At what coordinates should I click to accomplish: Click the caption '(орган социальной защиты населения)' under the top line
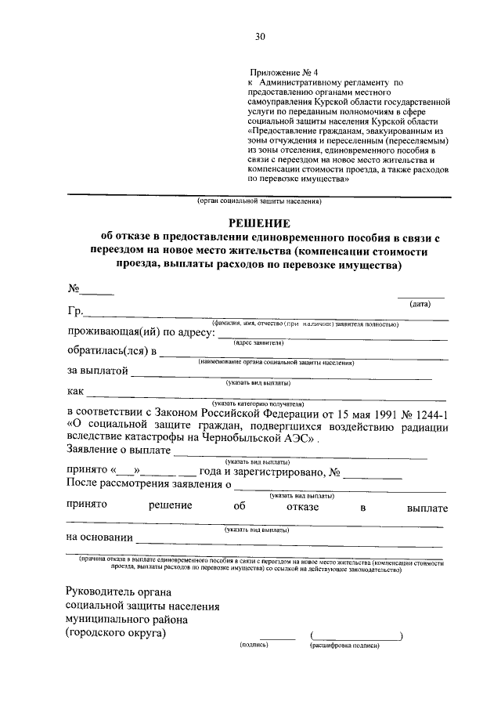tap(259, 201)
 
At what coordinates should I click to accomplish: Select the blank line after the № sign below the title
tap(98, 291)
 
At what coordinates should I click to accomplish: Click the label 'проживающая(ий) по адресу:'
tap(137, 333)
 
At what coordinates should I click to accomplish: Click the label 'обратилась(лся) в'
tap(111, 352)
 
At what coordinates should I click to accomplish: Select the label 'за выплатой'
tap(97, 371)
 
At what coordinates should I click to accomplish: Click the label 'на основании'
tap(99, 538)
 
